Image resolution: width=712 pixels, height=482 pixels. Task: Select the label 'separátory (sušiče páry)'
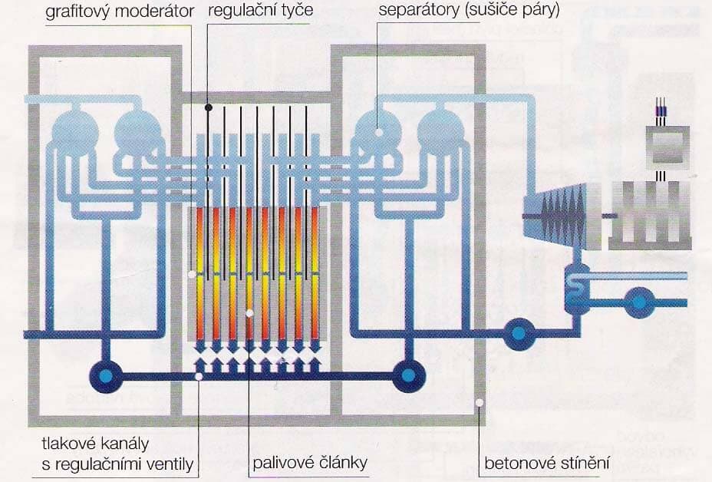pyautogui.click(x=467, y=11)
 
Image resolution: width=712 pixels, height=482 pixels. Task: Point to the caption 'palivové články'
pyautogui.click(x=311, y=464)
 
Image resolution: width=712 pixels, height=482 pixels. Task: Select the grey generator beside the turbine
pyautogui.click(x=650, y=216)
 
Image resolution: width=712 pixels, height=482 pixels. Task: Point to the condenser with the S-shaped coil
pyautogui.click(x=578, y=288)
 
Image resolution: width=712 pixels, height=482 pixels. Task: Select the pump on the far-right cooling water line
pyautogui.click(x=638, y=302)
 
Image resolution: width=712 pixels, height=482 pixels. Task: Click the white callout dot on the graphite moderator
pyautogui.click(x=192, y=272)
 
